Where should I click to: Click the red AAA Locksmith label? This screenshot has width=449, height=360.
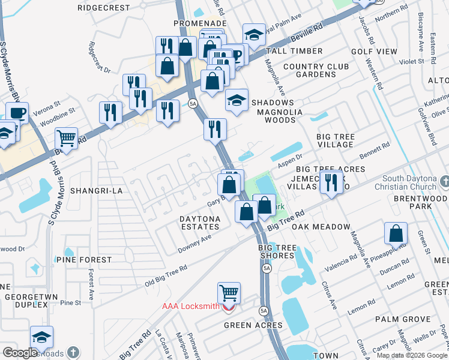click(x=191, y=306)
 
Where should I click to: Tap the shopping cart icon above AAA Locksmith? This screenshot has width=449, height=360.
click(x=229, y=293)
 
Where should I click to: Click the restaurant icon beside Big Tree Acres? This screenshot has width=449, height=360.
click(x=331, y=182)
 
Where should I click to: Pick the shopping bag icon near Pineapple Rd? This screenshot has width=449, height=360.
click(x=396, y=233)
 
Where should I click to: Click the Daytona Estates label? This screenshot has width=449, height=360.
click(x=200, y=223)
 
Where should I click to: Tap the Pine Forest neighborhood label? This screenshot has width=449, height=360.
click(x=84, y=260)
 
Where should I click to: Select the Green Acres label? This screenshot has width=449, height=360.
click(x=253, y=325)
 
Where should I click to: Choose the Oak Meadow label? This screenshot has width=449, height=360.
click(x=321, y=227)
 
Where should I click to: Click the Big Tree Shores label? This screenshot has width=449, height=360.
click(x=277, y=252)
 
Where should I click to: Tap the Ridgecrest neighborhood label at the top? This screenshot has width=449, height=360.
click(x=104, y=8)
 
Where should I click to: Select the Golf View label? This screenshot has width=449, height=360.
click(x=374, y=52)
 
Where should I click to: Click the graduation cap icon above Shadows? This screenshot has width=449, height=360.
click(x=237, y=100)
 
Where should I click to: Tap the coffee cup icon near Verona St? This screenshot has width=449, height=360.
click(x=17, y=113)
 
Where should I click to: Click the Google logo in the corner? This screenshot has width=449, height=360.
click(x=20, y=353)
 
